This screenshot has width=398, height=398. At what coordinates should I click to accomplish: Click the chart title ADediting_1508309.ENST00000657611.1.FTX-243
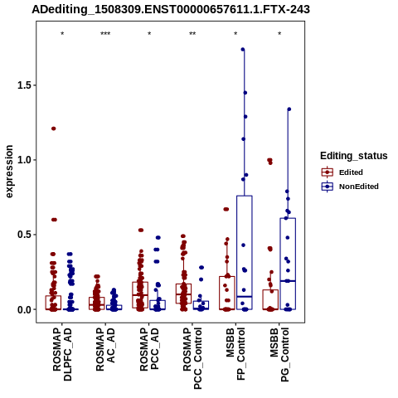pyautogui.click(x=171, y=10)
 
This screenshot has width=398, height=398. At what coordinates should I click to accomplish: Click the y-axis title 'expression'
pyautogui.click(x=9, y=172)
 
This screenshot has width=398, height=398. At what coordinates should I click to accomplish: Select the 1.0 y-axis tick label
pyautogui.click(x=23, y=160)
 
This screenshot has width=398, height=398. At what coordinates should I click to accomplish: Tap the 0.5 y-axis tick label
pyautogui.click(x=23, y=235)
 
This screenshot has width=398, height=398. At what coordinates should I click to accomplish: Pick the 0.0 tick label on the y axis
pyautogui.click(x=23, y=309)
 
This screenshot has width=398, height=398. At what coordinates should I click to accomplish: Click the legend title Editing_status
pyautogui.click(x=354, y=156)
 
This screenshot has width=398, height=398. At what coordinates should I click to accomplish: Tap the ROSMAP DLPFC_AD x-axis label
pyautogui.click(x=62, y=354)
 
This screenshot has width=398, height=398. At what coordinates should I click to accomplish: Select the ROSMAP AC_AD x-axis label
pyautogui.click(x=105, y=349)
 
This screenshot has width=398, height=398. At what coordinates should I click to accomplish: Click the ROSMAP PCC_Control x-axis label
pyautogui.click(x=192, y=358)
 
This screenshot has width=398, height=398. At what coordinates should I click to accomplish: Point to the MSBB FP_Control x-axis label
pyautogui.click(x=235, y=354)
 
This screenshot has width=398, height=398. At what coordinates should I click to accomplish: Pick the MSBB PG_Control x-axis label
pyautogui.click(x=279, y=355)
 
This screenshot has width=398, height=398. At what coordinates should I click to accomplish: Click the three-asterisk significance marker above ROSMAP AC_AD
pyautogui.click(x=105, y=34)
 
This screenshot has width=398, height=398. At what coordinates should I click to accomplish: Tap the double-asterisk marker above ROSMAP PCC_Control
pyautogui.click(x=192, y=34)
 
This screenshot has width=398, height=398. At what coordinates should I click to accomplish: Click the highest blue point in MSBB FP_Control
pyautogui.click(x=243, y=50)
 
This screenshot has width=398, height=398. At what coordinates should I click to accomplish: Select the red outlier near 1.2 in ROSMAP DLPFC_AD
pyautogui.click(x=54, y=129)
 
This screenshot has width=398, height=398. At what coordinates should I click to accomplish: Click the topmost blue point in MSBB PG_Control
pyautogui.click(x=289, y=109)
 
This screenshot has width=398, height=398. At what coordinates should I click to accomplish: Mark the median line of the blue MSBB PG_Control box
pyautogui.click(x=288, y=281)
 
